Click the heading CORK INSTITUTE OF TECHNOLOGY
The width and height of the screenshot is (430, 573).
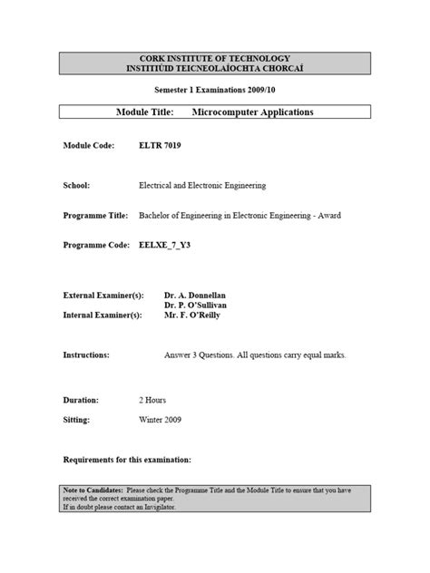[215, 58]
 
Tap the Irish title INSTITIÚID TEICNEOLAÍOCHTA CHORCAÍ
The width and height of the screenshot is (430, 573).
[215, 68]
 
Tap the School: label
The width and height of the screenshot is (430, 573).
[76, 185]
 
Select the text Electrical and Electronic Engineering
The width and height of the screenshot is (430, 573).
[201, 185]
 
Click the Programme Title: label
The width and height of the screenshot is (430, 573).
[94, 215]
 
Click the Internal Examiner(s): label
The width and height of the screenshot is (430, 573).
[103, 316]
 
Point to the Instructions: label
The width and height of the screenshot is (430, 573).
[86, 354]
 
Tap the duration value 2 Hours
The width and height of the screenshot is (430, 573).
[151, 400]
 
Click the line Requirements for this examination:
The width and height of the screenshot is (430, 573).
[127, 461]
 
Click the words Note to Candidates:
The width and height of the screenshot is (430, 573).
[92, 490]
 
